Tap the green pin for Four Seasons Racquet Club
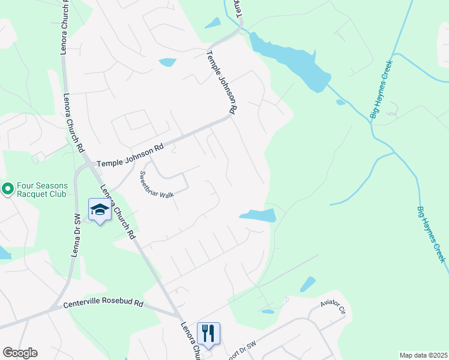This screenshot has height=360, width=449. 8,190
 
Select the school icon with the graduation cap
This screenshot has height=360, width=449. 100,209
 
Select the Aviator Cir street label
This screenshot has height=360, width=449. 334,308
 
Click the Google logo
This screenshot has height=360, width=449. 20,353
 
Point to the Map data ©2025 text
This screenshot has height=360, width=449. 423,355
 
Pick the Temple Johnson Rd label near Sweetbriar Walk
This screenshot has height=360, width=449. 130,155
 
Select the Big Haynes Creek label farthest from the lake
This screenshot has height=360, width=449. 432,234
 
